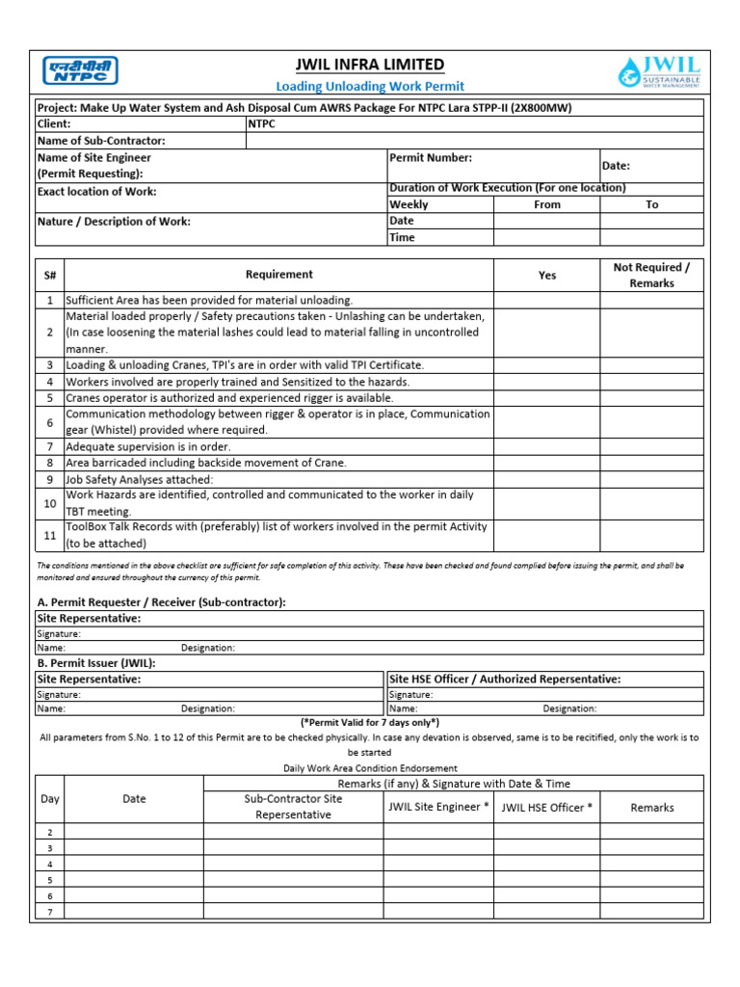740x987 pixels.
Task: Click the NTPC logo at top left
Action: (x=80, y=71)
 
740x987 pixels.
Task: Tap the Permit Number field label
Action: (x=431, y=157)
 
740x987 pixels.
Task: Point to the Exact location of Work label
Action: (x=96, y=192)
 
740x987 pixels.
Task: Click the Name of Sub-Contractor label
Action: (x=101, y=141)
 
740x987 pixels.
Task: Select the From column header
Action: (x=546, y=204)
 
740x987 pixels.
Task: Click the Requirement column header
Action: (x=278, y=275)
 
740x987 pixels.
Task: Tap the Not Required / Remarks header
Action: (x=651, y=275)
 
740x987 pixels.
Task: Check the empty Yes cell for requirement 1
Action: (x=546, y=301)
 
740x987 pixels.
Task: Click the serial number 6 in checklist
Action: (x=49, y=423)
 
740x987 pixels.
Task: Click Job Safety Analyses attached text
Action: (x=140, y=479)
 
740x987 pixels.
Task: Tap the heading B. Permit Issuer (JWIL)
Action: (x=95, y=663)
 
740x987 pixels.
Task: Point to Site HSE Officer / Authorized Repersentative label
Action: (x=505, y=679)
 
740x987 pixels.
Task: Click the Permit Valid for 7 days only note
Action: (x=370, y=722)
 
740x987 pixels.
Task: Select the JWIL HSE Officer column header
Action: (x=546, y=808)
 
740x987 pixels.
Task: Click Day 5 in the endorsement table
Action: (x=49, y=880)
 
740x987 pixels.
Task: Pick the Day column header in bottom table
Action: (x=49, y=799)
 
